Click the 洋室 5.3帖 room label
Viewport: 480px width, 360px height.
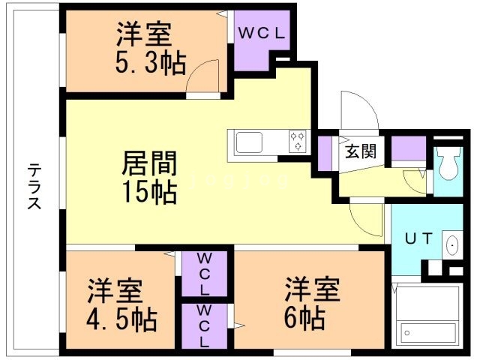pos(150,48)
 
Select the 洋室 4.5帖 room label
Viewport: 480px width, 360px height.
pos(121,306)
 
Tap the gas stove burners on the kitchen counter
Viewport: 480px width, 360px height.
pos(297,140)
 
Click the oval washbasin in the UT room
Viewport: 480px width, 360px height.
pos(451,245)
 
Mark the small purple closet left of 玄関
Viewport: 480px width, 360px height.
pos(325,150)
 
